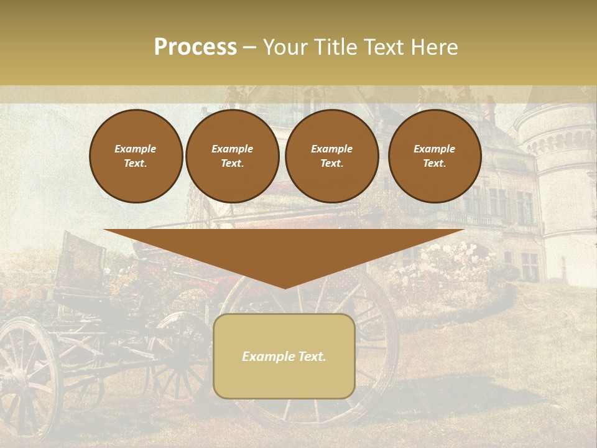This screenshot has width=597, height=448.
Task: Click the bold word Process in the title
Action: (195, 47)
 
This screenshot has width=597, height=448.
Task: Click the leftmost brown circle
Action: (136, 156)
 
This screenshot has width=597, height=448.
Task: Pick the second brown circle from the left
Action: (233, 156)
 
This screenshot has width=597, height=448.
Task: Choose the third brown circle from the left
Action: (332, 156)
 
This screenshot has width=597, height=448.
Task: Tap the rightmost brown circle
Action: (435, 156)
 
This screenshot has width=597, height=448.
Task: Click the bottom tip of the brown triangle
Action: (285, 287)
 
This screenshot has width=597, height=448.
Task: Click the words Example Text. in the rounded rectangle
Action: (284, 357)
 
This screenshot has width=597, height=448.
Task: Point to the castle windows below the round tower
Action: (529, 264)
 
